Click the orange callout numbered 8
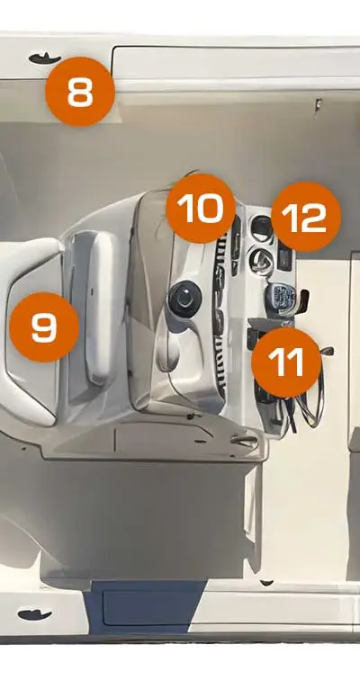pos(80,92)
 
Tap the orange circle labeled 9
pos(44,327)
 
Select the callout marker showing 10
pos(201,209)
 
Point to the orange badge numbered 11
pos(286,362)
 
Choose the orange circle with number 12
pos(306,217)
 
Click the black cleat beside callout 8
pos(44,58)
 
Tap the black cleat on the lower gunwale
pos(35,614)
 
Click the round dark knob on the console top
pos(185,299)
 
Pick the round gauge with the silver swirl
pos(262,260)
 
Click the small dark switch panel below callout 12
pos(285,258)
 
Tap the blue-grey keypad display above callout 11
pos(279,299)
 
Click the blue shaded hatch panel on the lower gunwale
pos(145,606)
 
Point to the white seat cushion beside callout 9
pos(101,308)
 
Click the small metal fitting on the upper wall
pos(318,104)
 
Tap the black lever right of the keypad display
pos(302,300)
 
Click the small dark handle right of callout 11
pos(327,351)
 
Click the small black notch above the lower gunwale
pos(266,583)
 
